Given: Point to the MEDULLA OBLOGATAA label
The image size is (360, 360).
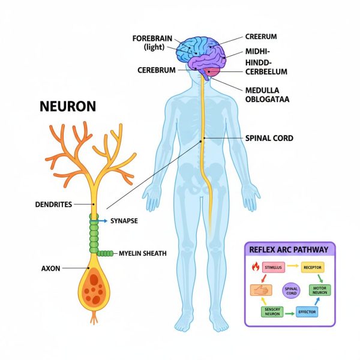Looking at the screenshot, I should tap(266, 95).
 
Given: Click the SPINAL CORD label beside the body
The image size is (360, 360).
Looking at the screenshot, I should tap(269, 138).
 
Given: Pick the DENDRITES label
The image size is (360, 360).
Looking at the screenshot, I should tap(54, 205).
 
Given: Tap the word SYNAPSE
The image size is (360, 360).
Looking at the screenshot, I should tap(124, 221).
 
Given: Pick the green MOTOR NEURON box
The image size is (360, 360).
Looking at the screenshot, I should tap(319, 289).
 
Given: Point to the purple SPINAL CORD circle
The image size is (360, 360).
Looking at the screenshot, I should tap(291, 291).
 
